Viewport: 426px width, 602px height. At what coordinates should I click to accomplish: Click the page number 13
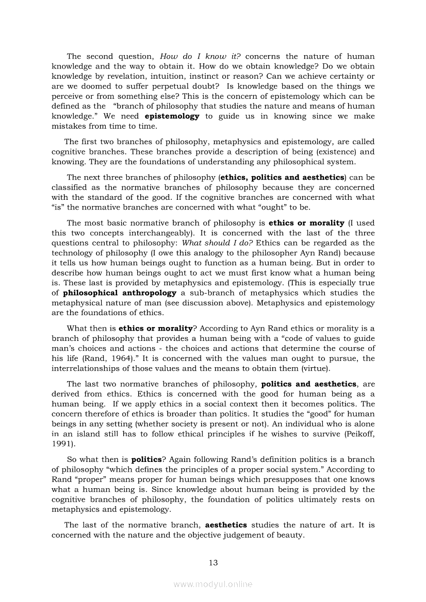pos(213,562)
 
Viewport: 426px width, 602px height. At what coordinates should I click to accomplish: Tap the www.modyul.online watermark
pos(213,584)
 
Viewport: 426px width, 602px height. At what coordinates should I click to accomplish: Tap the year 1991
pos(62,444)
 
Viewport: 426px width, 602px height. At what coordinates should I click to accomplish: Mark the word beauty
pos(290,535)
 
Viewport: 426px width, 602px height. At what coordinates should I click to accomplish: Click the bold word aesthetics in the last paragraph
pos(226,525)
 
